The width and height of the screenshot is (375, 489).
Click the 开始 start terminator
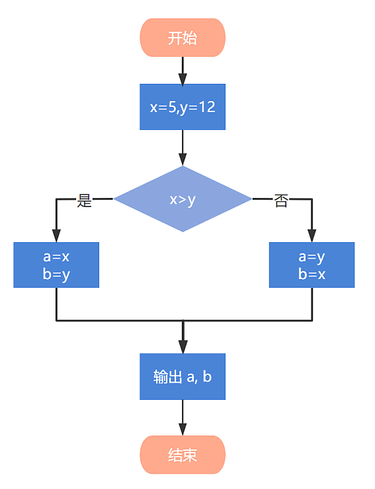coord(183,38)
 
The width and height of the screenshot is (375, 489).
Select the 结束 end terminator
coord(183,455)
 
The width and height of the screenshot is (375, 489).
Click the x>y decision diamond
coord(183,199)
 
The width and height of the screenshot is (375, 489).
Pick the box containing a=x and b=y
coord(56,265)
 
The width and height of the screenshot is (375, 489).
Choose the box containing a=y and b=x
coord(312,265)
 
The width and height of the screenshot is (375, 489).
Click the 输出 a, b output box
coord(183,376)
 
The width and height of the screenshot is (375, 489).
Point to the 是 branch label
coord(85,200)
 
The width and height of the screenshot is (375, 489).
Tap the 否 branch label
coord(281,201)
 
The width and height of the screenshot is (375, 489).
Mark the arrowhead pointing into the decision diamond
coord(183,159)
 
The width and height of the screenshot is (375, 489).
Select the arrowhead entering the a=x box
coord(56,236)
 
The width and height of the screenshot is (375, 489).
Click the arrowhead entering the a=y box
coord(312,236)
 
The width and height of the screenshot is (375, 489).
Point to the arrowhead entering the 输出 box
coord(183,347)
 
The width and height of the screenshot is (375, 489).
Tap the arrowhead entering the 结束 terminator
coord(183,430)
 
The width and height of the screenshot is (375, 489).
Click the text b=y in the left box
coord(56,275)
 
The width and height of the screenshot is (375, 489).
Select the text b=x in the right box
coord(312,274)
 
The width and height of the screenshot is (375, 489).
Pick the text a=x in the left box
coord(56,257)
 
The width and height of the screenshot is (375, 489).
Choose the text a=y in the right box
coord(312,257)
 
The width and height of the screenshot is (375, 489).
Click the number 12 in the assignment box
coord(207,107)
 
